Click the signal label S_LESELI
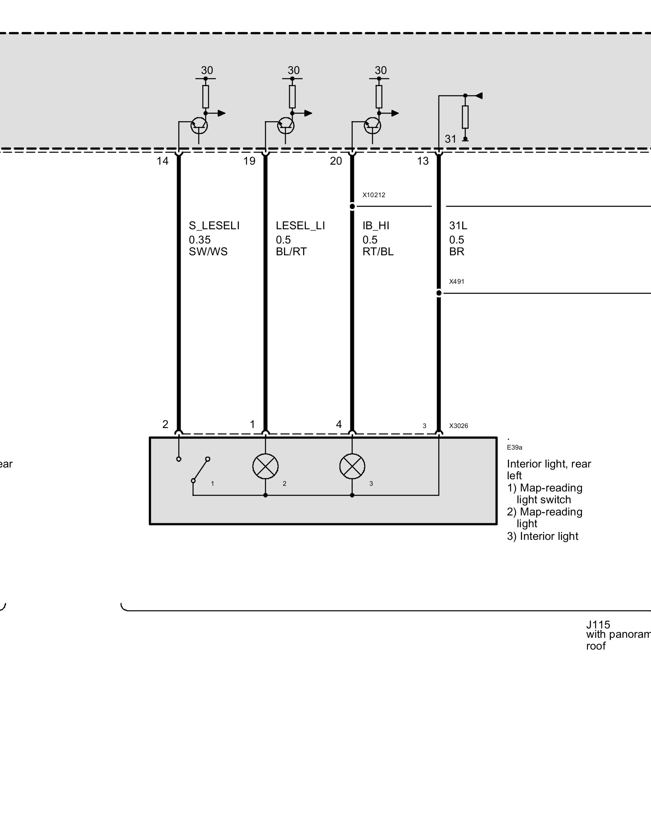pyautogui.click(x=214, y=226)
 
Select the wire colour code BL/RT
pyautogui.click(x=291, y=252)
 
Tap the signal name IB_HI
pyautogui.click(x=376, y=226)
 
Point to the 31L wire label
pyautogui.click(x=458, y=226)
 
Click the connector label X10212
pyautogui.click(x=374, y=195)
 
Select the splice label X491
pyautogui.click(x=457, y=281)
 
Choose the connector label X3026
pyautogui.click(x=459, y=426)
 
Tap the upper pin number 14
pyautogui.click(x=162, y=161)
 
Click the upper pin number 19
pyautogui.click(x=249, y=161)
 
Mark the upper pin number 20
pyautogui.click(x=336, y=161)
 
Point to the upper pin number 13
pyautogui.click(x=423, y=161)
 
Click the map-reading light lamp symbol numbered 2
pyautogui.click(x=265, y=466)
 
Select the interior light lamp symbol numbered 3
pyautogui.click(x=352, y=466)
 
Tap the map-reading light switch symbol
pyautogui.click(x=200, y=470)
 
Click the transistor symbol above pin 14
pyautogui.click(x=199, y=126)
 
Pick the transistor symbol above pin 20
pyautogui.click(x=372, y=126)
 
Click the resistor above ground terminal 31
pyautogui.click(x=465, y=117)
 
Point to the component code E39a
pyautogui.click(x=514, y=448)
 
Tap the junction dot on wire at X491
pyautogui.click(x=439, y=293)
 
